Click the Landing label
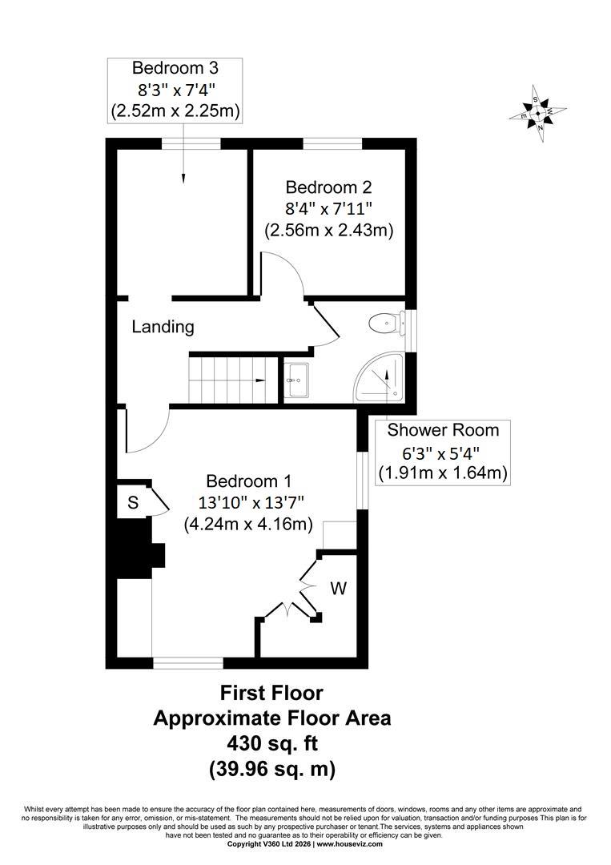point(163,327)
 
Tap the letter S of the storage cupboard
point(133,502)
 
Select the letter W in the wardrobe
point(339,589)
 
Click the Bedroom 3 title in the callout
point(175,68)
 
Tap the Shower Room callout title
point(443,430)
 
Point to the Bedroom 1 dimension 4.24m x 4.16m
point(248,523)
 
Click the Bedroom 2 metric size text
point(329,230)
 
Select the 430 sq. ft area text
point(273,743)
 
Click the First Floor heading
point(271,692)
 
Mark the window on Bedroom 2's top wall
point(332,143)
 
